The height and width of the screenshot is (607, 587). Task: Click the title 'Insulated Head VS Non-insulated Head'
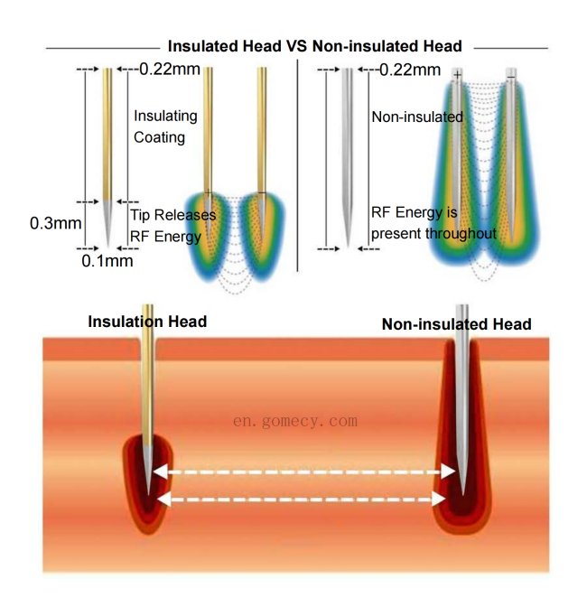click(314, 46)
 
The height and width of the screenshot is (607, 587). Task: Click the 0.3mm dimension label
click(56, 223)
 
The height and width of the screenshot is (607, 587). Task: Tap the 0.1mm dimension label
click(107, 261)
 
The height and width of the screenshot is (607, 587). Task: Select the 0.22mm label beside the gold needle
click(170, 70)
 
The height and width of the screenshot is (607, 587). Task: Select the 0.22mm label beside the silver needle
click(410, 70)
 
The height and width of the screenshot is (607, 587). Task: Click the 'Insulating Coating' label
click(165, 126)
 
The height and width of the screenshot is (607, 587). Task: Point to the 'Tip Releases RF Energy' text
click(173, 226)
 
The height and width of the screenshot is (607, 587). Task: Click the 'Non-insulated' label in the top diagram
click(417, 117)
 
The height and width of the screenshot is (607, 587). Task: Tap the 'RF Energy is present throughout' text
click(433, 223)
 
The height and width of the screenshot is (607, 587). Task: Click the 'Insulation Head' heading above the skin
click(147, 322)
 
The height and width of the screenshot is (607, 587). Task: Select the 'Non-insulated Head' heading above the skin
click(457, 324)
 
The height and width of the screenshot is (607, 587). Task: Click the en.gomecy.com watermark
click(295, 421)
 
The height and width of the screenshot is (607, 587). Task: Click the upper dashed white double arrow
click(304, 472)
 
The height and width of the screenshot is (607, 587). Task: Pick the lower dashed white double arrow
click(301, 500)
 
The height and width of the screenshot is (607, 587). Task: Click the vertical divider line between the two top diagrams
click(297, 165)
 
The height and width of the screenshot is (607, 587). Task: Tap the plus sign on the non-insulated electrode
click(457, 75)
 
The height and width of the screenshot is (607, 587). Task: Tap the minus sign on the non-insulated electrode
click(511, 77)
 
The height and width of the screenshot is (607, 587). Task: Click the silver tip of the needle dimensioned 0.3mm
click(107, 222)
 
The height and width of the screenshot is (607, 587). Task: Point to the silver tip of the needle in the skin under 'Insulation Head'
click(148, 466)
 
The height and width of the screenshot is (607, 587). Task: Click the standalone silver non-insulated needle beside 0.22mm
click(348, 157)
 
